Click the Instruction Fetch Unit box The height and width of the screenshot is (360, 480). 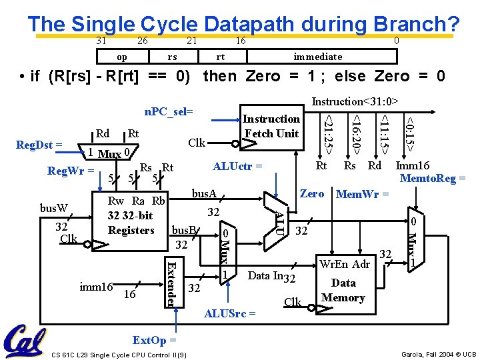point(271,127)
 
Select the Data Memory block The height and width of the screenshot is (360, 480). point(343,282)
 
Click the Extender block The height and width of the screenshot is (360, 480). point(171,283)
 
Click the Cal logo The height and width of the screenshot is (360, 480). point(25,341)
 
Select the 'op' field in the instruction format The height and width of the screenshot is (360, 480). point(121,57)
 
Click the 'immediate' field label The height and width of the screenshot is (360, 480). point(318,57)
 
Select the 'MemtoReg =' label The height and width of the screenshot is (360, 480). point(433,178)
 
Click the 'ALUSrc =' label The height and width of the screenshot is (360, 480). point(230,312)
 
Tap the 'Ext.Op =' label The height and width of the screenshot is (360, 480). point(154,340)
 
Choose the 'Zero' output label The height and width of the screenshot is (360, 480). point(312,193)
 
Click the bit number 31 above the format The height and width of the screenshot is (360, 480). point(101,41)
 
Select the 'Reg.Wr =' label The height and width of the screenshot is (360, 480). point(69,171)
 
